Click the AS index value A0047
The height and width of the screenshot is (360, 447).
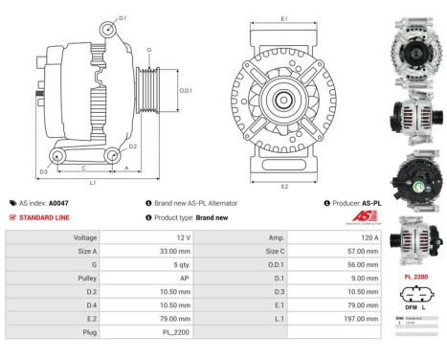coord(58,203)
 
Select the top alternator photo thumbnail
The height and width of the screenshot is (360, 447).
coord(413,44)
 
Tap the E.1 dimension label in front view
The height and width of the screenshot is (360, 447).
coord(284,18)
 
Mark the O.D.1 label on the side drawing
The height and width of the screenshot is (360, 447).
coord(187,91)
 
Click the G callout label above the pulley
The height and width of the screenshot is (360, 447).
coord(148,49)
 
